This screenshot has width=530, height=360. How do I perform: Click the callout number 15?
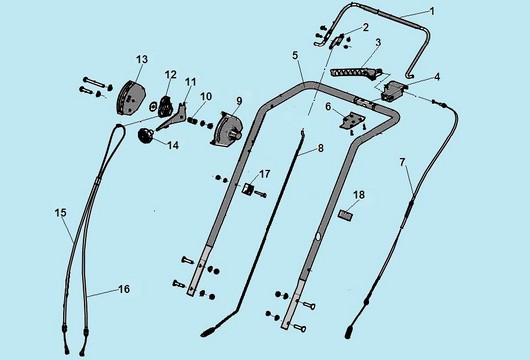pyautogui.click(x=60, y=212)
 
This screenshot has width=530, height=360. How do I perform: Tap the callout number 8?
pyautogui.click(x=320, y=148)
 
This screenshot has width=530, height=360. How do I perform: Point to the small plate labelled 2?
pyautogui.click(x=335, y=42)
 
